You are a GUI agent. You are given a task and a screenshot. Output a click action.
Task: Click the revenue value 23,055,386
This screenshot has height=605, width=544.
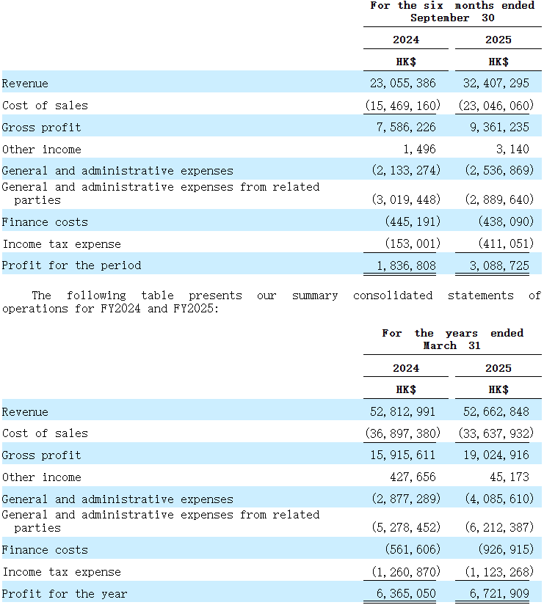[x=402, y=84]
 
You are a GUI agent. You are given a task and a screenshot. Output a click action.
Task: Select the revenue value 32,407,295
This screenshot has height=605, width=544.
[x=496, y=84]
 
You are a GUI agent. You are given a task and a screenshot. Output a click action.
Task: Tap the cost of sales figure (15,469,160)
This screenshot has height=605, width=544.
[x=403, y=106]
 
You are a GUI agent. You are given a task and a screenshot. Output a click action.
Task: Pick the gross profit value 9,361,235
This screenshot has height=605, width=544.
[x=499, y=128]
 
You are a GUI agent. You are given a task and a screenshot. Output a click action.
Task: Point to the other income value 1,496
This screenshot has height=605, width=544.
[x=419, y=150]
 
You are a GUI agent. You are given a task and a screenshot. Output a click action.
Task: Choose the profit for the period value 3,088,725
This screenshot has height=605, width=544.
[x=499, y=265]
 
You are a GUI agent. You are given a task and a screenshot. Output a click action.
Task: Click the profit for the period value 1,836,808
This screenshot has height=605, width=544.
[x=406, y=265]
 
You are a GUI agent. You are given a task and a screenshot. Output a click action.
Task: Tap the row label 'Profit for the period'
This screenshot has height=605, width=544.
[x=71, y=265]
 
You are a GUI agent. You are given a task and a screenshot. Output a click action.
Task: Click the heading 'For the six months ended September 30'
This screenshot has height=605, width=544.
[x=452, y=12]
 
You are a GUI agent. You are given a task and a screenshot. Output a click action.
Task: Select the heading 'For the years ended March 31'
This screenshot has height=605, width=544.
[x=452, y=339]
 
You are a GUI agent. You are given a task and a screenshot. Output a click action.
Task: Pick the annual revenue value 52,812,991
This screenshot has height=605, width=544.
[x=402, y=411]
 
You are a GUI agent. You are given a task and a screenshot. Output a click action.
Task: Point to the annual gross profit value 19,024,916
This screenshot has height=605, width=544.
[x=496, y=455]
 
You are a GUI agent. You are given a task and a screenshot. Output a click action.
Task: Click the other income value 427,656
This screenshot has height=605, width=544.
[x=413, y=477]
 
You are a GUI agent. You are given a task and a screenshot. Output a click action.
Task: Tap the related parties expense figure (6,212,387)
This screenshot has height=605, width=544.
[x=499, y=527]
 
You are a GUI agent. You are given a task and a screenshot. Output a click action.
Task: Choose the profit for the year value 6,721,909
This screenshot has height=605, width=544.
[x=499, y=593]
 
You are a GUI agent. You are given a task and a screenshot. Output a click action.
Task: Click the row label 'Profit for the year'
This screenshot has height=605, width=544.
[x=65, y=593]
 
